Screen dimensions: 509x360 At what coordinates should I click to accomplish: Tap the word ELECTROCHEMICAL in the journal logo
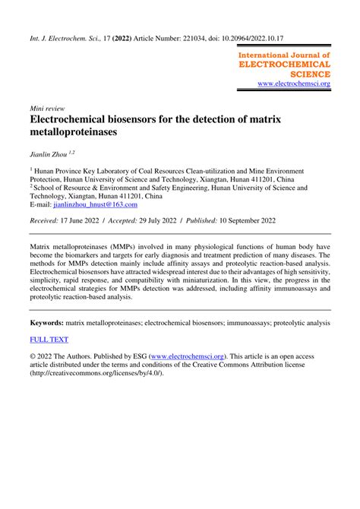[285, 65]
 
